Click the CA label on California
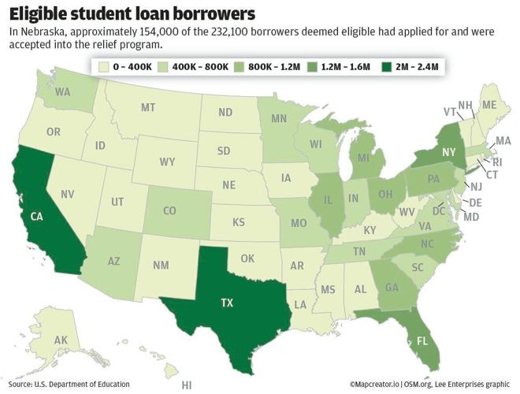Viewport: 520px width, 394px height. (36, 216)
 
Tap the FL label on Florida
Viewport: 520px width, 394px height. (422, 343)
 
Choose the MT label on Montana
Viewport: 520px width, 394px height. (147, 107)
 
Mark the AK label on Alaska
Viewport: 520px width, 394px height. (39, 340)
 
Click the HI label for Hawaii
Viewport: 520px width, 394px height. (187, 385)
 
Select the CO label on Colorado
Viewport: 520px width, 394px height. (169, 210)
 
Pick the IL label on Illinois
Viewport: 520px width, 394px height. (325, 200)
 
